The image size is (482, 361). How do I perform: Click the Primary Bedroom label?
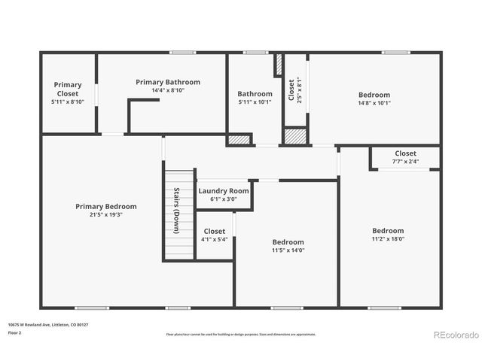point(105,206)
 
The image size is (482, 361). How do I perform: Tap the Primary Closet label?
point(68,89)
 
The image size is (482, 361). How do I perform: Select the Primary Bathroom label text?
point(167,81)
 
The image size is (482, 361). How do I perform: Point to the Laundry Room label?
point(223,191)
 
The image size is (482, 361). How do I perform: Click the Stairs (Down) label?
point(176,210)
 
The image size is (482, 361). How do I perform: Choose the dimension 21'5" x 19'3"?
point(105,214)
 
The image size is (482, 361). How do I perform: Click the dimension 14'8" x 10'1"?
point(374,103)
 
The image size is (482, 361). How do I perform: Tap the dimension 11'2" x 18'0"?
point(388,239)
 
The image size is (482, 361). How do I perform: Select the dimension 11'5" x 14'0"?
point(288,250)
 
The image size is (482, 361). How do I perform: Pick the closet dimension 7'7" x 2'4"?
point(405,162)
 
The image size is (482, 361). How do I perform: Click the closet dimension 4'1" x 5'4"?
point(214,240)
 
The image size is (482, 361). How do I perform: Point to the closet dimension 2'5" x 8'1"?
point(299,89)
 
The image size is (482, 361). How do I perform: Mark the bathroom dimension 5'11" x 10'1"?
point(255,102)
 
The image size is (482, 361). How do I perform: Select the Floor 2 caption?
point(15,332)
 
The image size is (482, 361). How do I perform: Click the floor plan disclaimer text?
point(241,335)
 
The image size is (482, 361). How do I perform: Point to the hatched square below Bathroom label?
point(239,140)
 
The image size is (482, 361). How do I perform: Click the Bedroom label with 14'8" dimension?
point(374,95)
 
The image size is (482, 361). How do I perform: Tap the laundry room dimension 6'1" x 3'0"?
point(223,199)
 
